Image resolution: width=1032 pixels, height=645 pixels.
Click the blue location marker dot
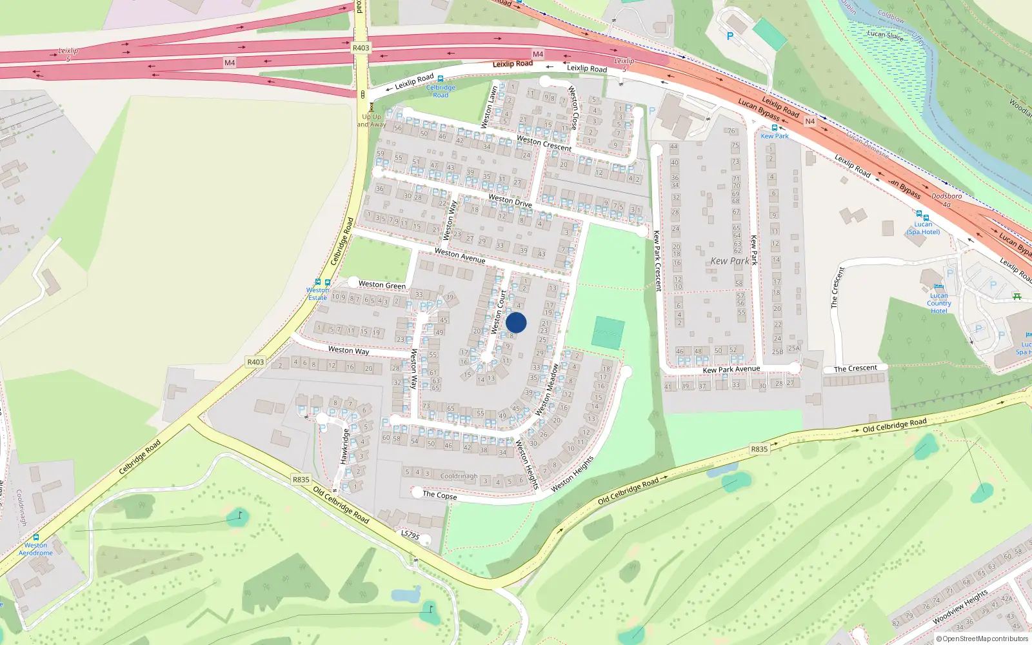(x=516, y=322)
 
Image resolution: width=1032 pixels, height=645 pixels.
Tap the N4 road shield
(x=810, y=121)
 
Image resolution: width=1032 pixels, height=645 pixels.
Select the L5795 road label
(x=410, y=535)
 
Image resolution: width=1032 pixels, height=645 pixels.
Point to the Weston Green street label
(x=382, y=284)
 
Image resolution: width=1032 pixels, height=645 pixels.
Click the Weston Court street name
(x=499, y=312)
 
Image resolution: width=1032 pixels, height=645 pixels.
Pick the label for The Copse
(x=439, y=495)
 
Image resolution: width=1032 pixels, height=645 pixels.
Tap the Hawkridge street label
(x=344, y=446)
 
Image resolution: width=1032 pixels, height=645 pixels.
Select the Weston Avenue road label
(x=459, y=255)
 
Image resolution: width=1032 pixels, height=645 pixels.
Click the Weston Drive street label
(x=510, y=201)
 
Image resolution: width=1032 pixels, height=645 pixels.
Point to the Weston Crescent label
(x=544, y=143)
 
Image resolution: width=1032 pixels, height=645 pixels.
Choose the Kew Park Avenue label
(x=731, y=369)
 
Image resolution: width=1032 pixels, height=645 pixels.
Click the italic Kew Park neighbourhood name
(x=729, y=261)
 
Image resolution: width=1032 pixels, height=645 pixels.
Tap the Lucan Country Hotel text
(x=938, y=303)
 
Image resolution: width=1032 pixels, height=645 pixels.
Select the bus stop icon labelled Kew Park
(x=774, y=128)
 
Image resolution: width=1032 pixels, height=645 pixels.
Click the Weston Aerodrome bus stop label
(x=35, y=549)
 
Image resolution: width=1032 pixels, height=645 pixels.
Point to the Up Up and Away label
(x=372, y=121)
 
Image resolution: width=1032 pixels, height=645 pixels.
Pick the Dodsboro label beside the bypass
(x=946, y=196)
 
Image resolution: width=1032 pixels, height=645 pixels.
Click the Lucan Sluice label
(x=885, y=35)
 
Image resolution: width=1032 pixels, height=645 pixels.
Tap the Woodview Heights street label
(x=960, y=606)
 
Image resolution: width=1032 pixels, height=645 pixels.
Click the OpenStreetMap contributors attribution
(x=982, y=639)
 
